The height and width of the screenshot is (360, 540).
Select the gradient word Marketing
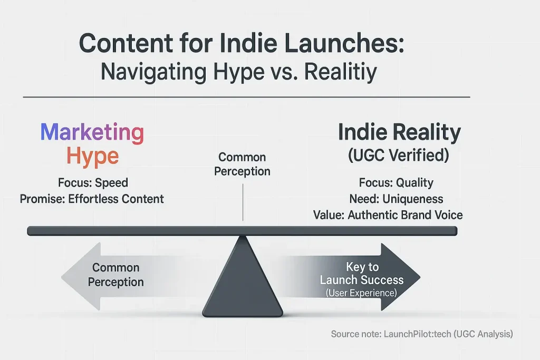[x=92, y=132]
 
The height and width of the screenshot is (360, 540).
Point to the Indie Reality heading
[x=399, y=132]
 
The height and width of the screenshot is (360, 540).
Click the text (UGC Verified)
[x=399, y=156]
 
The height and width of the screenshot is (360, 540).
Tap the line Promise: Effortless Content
[x=92, y=199]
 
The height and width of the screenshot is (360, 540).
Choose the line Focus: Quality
[x=396, y=183]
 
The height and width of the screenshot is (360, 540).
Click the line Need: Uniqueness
[x=396, y=199]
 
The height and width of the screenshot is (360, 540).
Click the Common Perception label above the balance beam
[x=242, y=164]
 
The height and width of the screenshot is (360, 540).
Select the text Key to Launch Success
[x=362, y=273]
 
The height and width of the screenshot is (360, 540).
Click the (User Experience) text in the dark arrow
[x=362, y=292]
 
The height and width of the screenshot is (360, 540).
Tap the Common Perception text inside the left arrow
[x=115, y=275]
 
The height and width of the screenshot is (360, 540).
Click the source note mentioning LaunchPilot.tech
[x=422, y=334]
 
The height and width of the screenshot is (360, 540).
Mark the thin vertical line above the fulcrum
[x=243, y=203]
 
